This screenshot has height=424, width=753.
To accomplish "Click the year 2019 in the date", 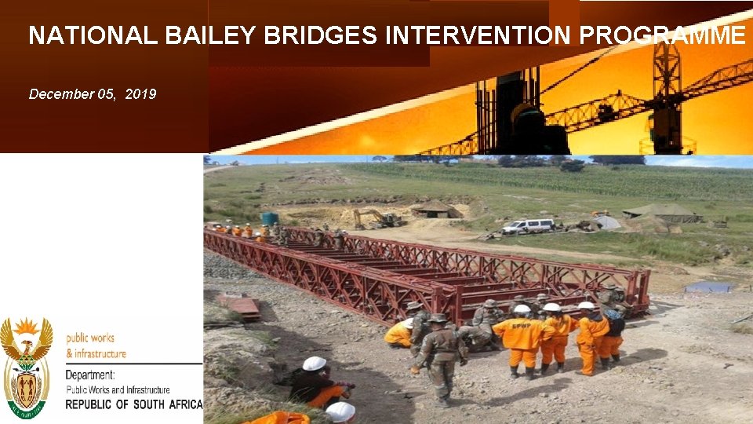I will pos(140,94).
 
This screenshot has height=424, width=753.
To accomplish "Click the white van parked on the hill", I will pos(528,226).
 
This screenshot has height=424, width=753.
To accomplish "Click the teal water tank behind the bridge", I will pos(269,219).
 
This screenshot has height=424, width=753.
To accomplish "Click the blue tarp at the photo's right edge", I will pos(708,287).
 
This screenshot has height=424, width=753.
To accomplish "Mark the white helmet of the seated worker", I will pos(315,364).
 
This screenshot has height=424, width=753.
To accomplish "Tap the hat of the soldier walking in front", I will pos(437,318).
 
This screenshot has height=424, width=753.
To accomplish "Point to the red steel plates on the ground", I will pos(240,305).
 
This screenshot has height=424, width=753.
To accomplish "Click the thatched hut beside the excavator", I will pos(435,209).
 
